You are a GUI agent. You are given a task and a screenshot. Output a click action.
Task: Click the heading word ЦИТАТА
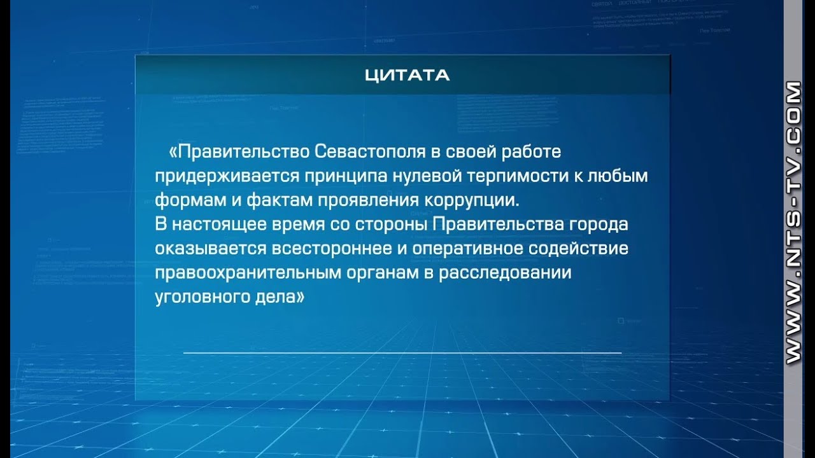pyautogui.click(x=407, y=75)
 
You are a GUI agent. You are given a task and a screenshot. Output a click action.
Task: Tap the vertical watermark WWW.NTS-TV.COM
pyautogui.click(x=793, y=223)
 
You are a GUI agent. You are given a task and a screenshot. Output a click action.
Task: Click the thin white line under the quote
pyautogui.click(x=402, y=352)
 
